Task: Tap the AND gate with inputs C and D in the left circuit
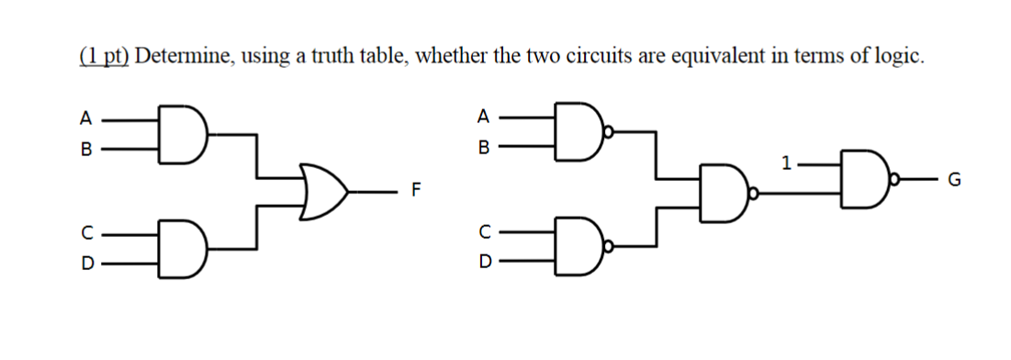[x=181, y=248]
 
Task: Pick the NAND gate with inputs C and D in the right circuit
[x=577, y=248]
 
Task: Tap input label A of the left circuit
[x=85, y=118]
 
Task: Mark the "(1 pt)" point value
[x=103, y=57]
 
